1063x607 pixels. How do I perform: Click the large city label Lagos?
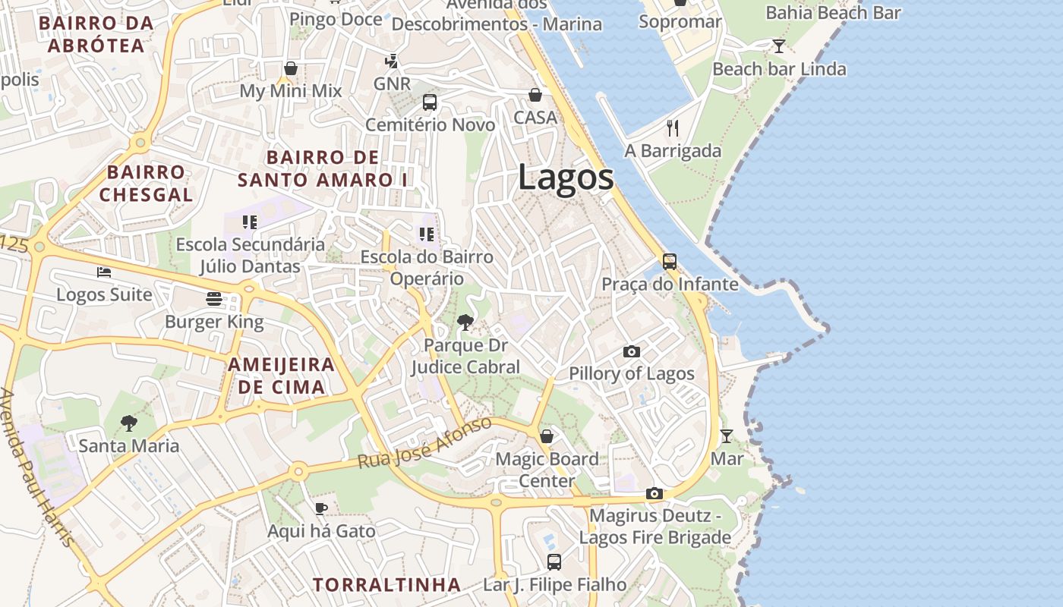(x=566, y=178)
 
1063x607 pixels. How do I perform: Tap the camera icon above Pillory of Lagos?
(x=631, y=352)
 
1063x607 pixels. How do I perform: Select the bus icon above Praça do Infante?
(x=669, y=262)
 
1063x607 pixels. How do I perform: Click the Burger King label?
(x=214, y=322)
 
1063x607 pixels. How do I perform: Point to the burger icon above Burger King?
(x=213, y=299)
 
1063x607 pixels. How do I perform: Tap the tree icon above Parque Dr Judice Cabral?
(x=465, y=323)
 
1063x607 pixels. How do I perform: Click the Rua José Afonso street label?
(x=424, y=442)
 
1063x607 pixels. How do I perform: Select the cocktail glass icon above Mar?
(x=727, y=436)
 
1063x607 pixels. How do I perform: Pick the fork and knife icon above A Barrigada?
(x=672, y=127)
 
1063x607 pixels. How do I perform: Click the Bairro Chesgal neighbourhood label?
(x=146, y=183)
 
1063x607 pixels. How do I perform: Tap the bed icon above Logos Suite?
(x=104, y=272)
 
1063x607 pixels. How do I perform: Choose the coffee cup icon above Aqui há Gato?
(x=321, y=508)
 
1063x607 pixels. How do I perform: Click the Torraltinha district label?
(x=386, y=585)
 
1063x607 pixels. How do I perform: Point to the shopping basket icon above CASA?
(x=535, y=95)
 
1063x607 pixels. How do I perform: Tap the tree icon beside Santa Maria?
(x=129, y=423)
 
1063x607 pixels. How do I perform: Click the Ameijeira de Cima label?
(x=281, y=375)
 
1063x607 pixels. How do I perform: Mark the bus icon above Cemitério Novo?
(x=430, y=102)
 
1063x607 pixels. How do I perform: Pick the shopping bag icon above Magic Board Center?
(x=547, y=436)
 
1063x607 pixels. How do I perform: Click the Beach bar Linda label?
(x=779, y=69)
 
